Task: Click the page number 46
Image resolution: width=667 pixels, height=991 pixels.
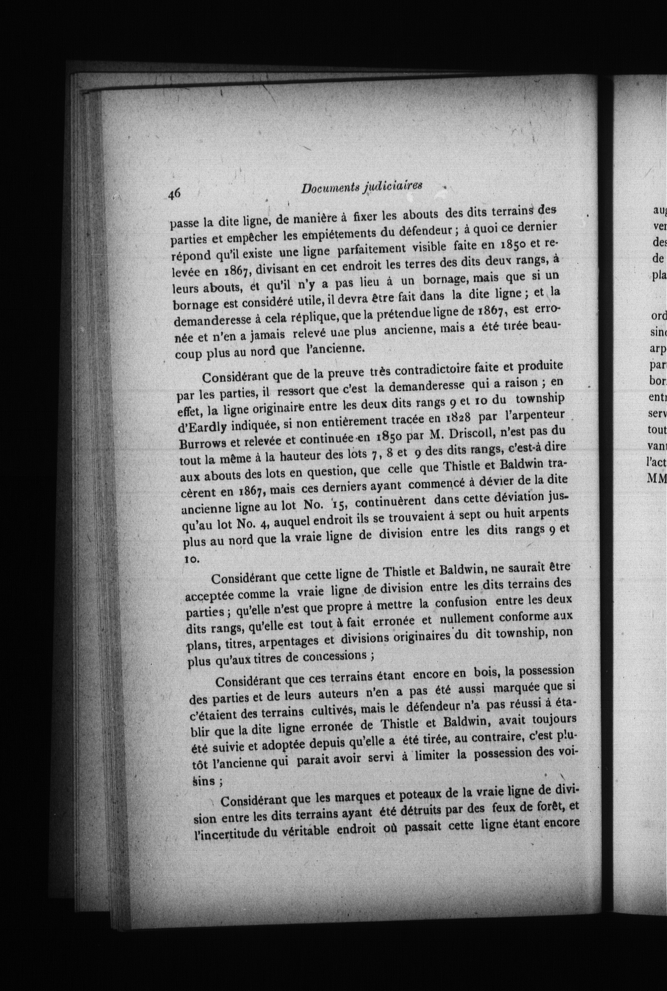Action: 174,194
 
